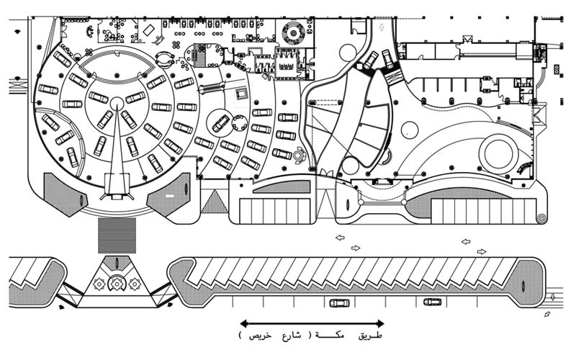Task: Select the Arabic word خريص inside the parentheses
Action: tap(251, 336)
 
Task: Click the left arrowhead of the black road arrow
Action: tap(243, 324)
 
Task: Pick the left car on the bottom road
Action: tap(338, 303)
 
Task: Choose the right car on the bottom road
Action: tap(432, 302)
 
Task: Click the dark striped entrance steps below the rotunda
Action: tap(117, 234)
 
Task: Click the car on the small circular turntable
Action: tap(220, 123)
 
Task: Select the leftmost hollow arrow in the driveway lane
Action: tap(340, 238)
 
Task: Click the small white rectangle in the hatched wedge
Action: tap(170, 195)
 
